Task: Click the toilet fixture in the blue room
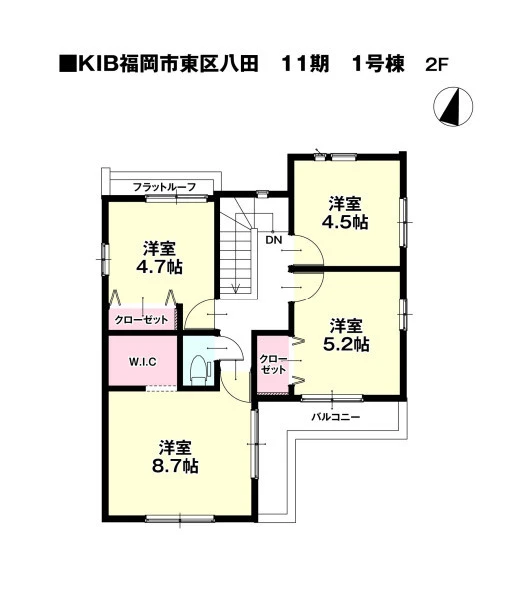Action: (200, 371)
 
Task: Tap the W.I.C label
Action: (142, 361)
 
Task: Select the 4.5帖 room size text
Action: (345, 222)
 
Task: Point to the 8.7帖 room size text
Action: (175, 466)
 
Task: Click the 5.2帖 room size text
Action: (346, 345)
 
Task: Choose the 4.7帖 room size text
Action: (160, 267)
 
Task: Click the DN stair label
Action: (274, 240)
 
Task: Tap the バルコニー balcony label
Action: (336, 416)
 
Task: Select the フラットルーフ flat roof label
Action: (165, 187)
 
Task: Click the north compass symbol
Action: (453, 107)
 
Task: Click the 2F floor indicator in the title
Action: (437, 65)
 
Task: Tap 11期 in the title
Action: (305, 64)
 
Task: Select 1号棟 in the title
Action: (378, 64)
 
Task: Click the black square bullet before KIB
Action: (68, 65)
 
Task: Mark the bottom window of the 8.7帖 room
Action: (180, 519)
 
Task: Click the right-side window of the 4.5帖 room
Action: (403, 222)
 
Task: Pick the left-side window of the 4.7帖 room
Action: (105, 259)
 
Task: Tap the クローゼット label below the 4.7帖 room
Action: (141, 320)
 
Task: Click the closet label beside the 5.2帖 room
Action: (273, 364)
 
